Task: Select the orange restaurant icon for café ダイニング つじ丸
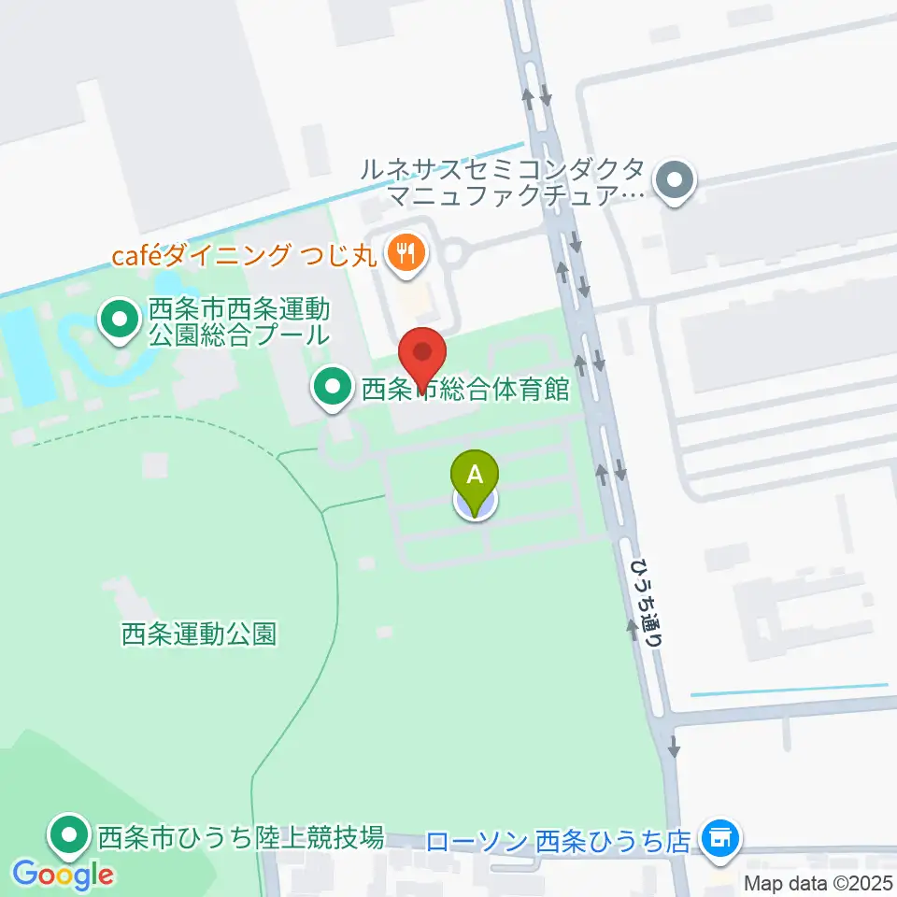pyautogui.click(x=405, y=251)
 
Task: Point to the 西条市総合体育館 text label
pyautogui.click(x=465, y=389)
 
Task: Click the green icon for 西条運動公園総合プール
pyautogui.click(x=119, y=321)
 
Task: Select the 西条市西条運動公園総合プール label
pyautogui.click(x=239, y=321)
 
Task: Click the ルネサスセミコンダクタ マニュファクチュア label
pyautogui.click(x=505, y=183)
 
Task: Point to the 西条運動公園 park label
pyautogui.click(x=199, y=634)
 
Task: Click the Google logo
pyautogui.click(x=64, y=876)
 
